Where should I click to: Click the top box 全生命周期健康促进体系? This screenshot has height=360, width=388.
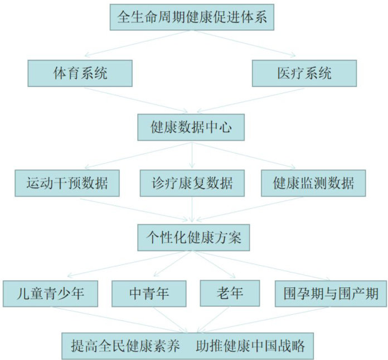click(192, 17)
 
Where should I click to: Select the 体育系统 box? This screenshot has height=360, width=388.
click(80, 73)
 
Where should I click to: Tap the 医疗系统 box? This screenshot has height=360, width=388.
click(304, 73)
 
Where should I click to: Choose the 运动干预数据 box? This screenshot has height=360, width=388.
click(67, 183)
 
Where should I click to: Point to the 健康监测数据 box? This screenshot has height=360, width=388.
click(313, 183)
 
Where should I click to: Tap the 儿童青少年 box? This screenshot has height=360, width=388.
click(51, 292)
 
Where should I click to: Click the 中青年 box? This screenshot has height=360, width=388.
click(149, 292)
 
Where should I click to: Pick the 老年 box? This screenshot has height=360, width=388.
click(229, 292)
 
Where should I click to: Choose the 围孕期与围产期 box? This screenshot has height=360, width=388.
click(331, 292)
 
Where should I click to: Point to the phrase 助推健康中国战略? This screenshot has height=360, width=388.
click(250, 345)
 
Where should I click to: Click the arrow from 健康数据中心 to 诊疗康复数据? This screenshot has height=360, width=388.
click(192, 155)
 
